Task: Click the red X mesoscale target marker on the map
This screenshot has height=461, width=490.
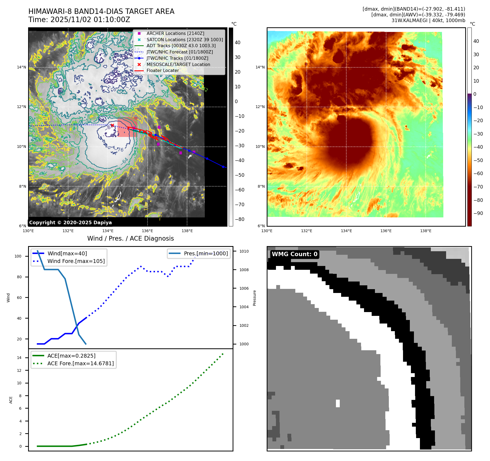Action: (112, 125)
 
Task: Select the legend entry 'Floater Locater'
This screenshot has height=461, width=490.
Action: (163, 70)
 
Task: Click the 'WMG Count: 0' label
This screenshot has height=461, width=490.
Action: (294, 254)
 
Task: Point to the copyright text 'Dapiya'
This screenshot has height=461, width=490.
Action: (103, 223)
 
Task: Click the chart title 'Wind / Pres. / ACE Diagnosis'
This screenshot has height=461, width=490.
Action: (130, 238)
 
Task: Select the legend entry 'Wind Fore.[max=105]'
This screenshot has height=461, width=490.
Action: (76, 261)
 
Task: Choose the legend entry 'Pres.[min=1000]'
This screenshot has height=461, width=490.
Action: (206, 253)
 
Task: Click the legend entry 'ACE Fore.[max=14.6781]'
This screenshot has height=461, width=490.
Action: (80, 363)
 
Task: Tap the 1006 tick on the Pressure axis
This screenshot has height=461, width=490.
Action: (244, 288)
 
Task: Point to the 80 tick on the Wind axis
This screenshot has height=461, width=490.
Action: (19, 277)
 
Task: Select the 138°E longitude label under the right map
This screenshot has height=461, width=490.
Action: (426, 231)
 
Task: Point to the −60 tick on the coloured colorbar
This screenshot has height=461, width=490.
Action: (478, 173)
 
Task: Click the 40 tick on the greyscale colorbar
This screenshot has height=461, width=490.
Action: (238, 43)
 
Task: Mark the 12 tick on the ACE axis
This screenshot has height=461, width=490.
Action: (19, 370)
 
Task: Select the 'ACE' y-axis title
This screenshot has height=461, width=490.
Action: (11, 400)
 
